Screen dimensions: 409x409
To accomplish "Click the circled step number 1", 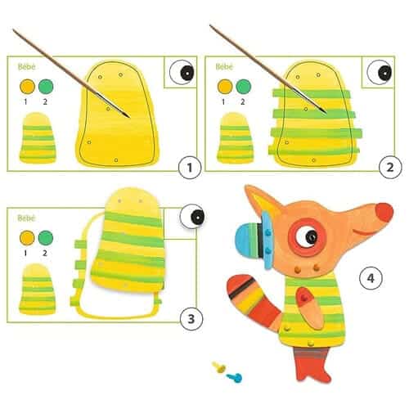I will point(189,168).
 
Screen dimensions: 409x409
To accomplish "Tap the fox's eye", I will point(310,238).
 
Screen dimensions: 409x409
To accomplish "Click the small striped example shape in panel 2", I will point(235,136).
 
